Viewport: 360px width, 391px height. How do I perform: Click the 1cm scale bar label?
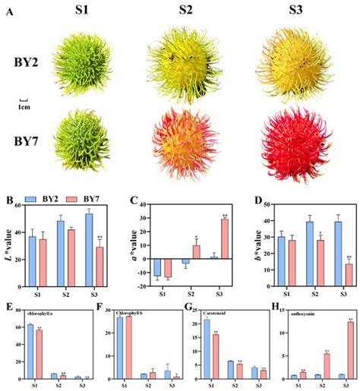click(x=24, y=106)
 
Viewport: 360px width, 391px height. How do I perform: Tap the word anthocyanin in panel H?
click(x=299, y=313)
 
